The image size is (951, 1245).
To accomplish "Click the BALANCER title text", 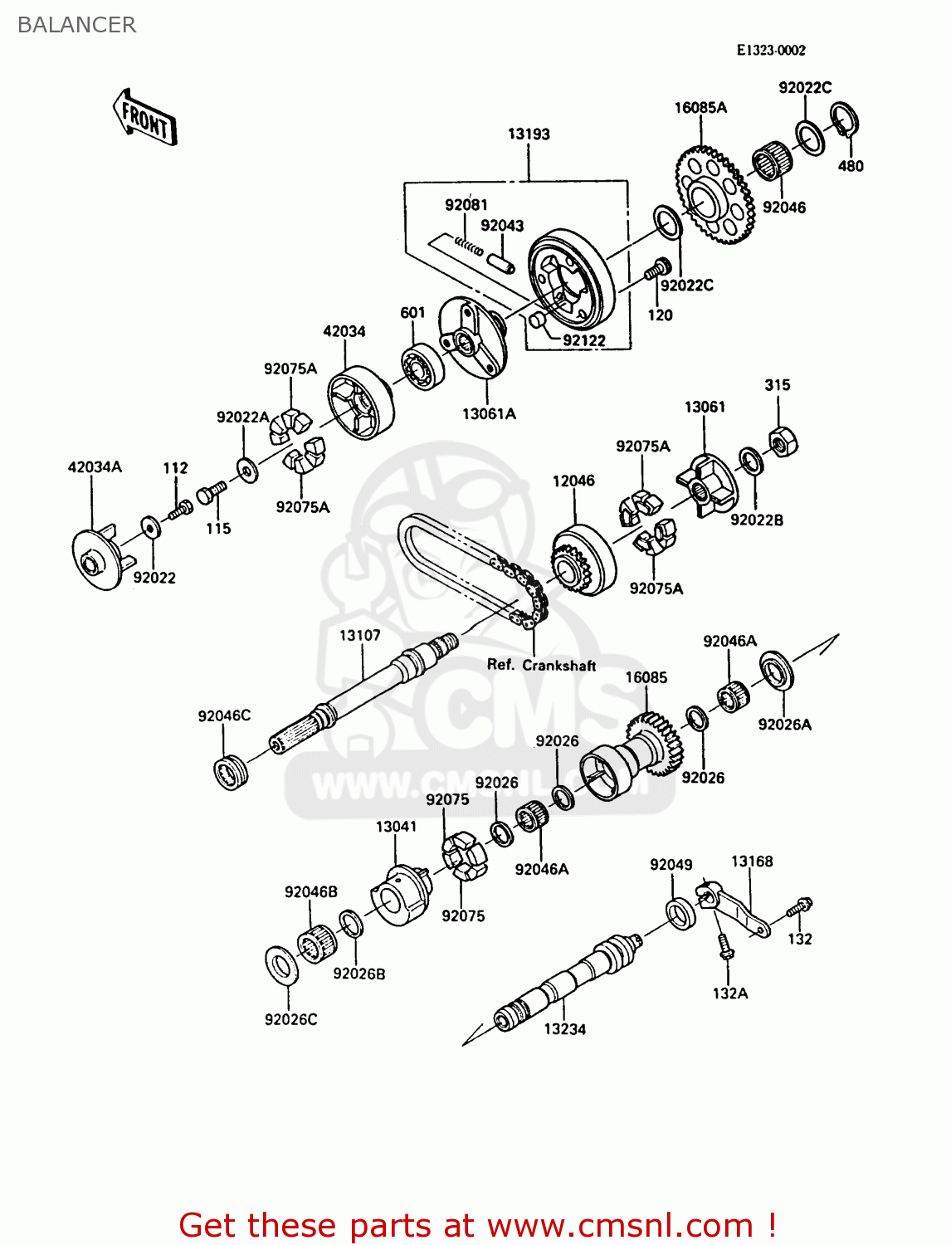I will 76,25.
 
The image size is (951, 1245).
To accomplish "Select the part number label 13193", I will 529,134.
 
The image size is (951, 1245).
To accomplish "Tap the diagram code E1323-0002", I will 771,50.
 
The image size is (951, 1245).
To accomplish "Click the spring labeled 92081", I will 468,245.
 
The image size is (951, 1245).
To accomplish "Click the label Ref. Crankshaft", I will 541,665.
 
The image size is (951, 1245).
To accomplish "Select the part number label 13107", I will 359,635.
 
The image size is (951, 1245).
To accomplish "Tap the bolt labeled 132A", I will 724,946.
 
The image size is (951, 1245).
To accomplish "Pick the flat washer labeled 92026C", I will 281,965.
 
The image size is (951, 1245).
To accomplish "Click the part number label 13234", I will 564,1029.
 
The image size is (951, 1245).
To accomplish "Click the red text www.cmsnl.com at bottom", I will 620,1225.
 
